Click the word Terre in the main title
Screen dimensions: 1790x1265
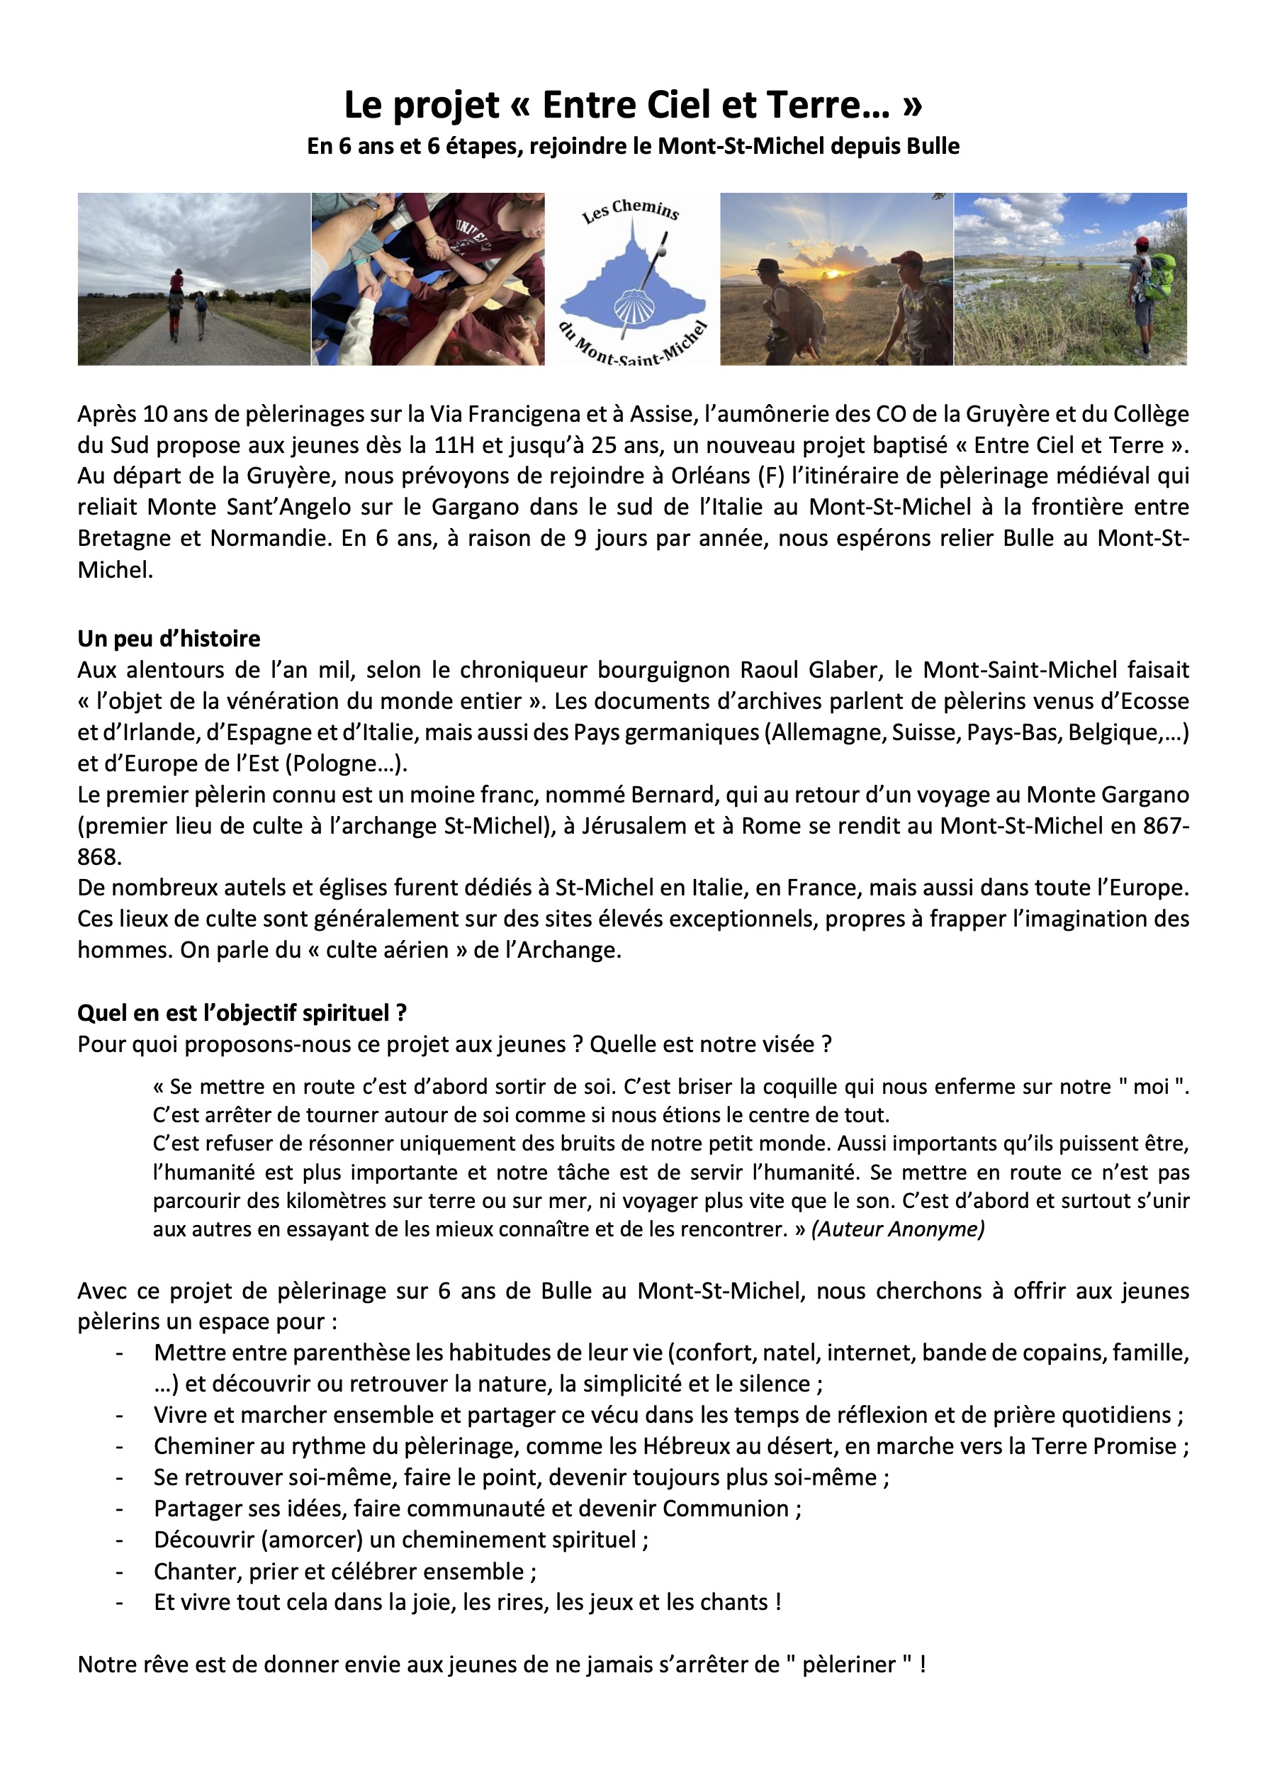828,105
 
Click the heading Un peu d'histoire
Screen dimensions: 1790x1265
169,639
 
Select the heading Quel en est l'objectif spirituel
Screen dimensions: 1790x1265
242,1013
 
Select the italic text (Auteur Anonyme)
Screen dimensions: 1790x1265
898,1229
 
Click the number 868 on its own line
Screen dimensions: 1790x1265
99,857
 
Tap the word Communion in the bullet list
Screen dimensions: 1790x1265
726,1509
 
